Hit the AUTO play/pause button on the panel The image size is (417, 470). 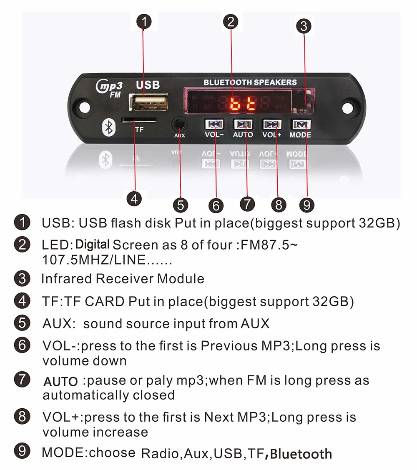pyautogui.click(x=243, y=124)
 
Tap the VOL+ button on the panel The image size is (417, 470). pyautogui.click(x=272, y=124)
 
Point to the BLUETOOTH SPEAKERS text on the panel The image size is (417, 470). pyautogui.click(x=250, y=82)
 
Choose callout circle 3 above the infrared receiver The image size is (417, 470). pyautogui.click(x=304, y=26)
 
